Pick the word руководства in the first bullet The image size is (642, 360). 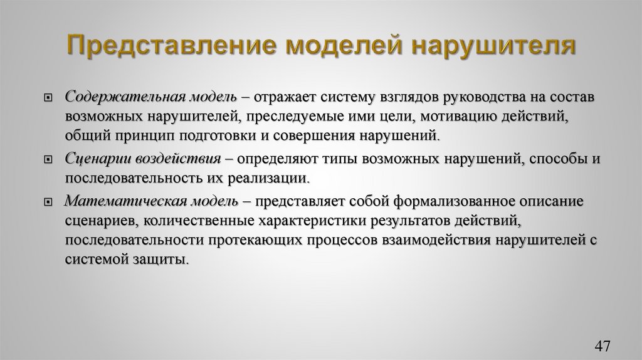coord(484,98)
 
